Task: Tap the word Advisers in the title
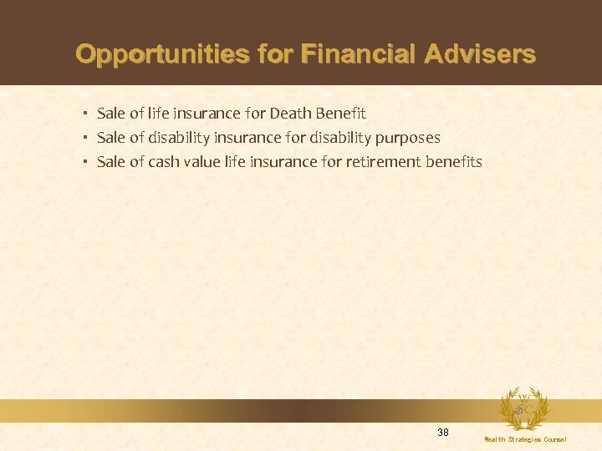[x=480, y=55]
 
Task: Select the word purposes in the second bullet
[x=409, y=137]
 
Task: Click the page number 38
[x=443, y=432]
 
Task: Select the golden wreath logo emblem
[x=523, y=408]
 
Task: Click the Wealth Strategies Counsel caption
[x=525, y=439]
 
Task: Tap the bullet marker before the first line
[x=86, y=113]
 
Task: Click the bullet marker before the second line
[x=86, y=137]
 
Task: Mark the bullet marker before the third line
[x=86, y=161]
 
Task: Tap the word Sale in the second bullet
[x=111, y=137]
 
